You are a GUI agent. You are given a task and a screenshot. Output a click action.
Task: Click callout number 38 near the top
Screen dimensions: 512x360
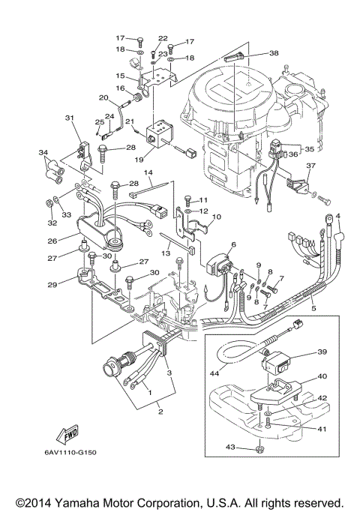[x=274, y=53]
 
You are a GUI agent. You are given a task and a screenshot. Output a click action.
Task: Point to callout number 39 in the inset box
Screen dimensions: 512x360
[x=321, y=352]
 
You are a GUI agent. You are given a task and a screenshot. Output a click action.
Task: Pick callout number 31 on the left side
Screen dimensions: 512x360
[x=70, y=118]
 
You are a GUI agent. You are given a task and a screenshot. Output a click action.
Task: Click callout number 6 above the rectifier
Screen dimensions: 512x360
[x=233, y=244]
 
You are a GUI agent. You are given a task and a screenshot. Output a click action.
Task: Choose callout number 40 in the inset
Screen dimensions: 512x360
[x=321, y=377]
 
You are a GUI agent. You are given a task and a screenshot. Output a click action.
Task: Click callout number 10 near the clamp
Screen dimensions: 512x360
[x=217, y=218]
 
